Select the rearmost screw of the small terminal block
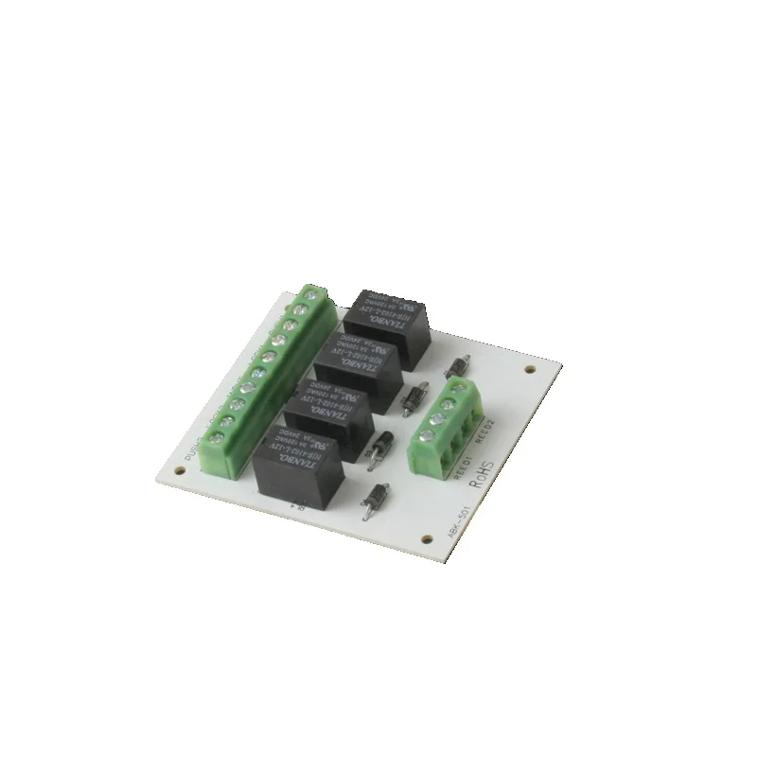pos(463,385)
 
